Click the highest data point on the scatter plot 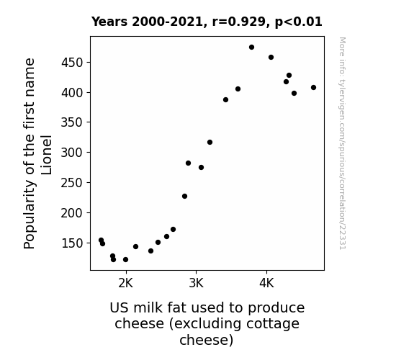click(251, 48)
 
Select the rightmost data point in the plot click(313, 87)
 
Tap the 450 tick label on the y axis click(72, 63)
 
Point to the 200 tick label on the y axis click(72, 213)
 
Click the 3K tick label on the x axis click(196, 283)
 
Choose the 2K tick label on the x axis click(126, 283)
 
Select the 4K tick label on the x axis click(266, 283)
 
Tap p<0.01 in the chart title click(299, 22)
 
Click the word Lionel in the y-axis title click(47, 155)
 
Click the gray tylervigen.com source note click(343, 143)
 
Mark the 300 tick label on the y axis click(72, 153)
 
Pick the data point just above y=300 click(210, 143)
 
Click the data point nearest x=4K click(271, 58)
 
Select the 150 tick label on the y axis click(72, 243)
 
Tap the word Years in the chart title click(109, 22)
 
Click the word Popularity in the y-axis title click(30, 214)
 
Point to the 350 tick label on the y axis click(72, 122)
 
